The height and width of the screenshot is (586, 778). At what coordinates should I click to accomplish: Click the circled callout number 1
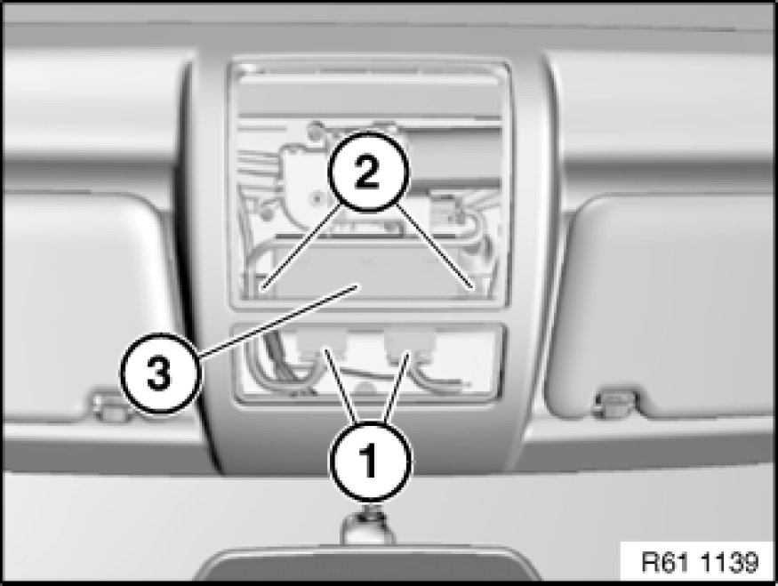370,462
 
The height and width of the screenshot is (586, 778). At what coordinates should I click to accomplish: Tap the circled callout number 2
368,173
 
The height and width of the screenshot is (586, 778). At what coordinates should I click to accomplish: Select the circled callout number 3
160,373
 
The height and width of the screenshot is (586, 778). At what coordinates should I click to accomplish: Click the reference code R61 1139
700,562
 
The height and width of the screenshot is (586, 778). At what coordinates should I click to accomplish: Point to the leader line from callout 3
278,320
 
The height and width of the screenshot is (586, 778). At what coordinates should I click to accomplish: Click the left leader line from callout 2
302,245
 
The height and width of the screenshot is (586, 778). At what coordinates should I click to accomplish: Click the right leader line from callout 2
435,245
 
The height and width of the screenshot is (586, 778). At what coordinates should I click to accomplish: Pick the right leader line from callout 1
397,386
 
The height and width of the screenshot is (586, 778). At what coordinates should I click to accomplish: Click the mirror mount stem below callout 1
368,526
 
